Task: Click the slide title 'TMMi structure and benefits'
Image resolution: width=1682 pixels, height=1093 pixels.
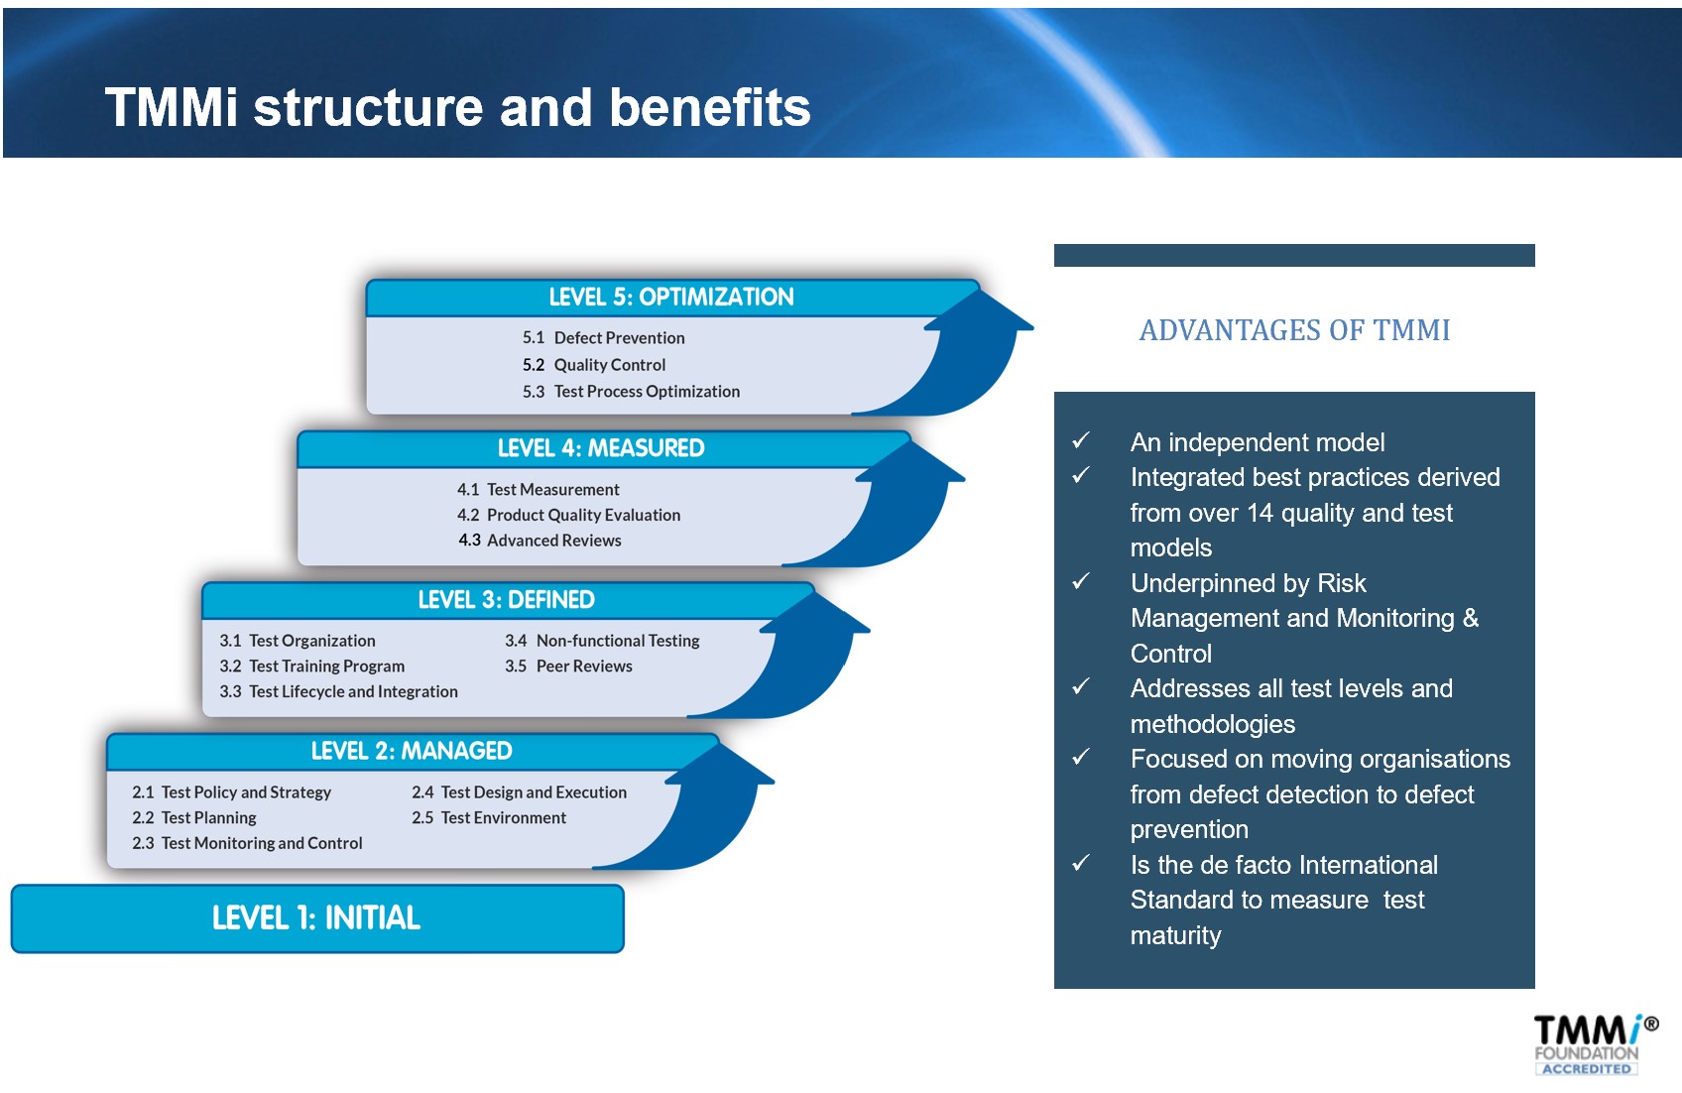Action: (457, 107)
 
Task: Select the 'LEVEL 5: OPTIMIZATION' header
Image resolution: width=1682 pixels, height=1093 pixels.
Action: (670, 297)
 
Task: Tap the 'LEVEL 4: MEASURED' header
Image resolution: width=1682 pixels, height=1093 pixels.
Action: (601, 447)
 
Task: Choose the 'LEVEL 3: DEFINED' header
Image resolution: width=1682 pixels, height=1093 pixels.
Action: (506, 599)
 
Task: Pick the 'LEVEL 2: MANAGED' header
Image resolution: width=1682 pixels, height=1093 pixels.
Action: (412, 751)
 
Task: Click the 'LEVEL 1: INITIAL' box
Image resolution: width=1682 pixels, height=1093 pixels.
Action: (317, 918)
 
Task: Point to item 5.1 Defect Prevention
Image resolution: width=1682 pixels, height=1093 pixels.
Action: (604, 338)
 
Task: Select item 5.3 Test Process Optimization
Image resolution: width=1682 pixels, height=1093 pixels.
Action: (631, 392)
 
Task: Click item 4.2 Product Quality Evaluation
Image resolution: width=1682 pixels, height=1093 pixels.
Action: (568, 515)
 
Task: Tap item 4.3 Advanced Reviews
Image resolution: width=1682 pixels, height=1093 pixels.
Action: (540, 541)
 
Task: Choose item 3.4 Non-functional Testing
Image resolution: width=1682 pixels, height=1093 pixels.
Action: (602, 641)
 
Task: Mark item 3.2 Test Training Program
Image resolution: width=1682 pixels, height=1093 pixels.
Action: (311, 667)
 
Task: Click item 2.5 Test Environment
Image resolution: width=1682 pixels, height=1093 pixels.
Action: (489, 817)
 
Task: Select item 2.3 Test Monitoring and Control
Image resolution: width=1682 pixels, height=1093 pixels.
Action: (247, 843)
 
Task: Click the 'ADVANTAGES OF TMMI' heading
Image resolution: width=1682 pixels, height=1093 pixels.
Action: (1294, 330)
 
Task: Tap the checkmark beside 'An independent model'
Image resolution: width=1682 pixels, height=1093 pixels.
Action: (1081, 440)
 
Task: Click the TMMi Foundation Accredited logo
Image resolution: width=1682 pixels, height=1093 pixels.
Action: (1594, 1044)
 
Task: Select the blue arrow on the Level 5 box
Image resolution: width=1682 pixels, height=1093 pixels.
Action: (969, 353)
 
